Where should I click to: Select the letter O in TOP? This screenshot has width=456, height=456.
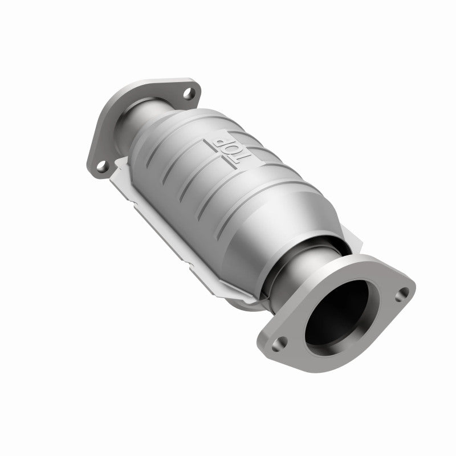click(x=238, y=151)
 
